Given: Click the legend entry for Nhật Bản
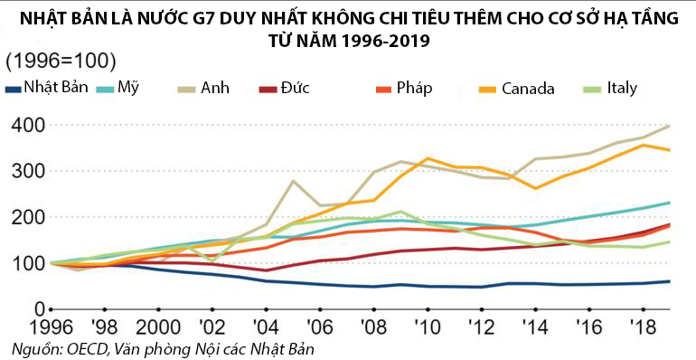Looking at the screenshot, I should pos(53,88).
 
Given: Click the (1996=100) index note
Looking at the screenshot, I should pos(61,62).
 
